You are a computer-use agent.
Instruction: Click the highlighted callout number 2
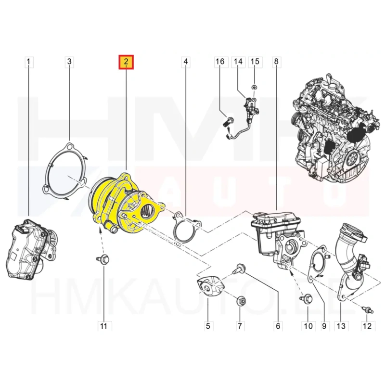coord(126,62)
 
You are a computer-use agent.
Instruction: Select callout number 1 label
coord(29,62)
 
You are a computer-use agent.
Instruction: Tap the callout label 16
coord(220,62)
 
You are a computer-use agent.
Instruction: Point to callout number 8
coord(276,62)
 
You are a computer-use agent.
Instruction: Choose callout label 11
coord(103,326)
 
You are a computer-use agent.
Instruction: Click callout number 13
coord(341,326)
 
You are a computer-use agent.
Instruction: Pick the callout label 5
coord(208,326)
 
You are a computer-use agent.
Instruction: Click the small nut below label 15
coord(255,87)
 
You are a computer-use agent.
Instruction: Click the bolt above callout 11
coord(103,259)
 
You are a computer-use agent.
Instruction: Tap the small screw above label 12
coord(367,310)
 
